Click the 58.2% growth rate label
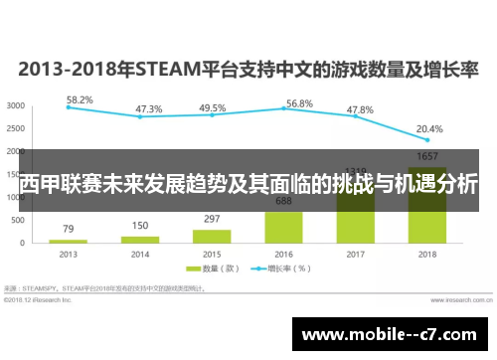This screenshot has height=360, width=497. [80, 100]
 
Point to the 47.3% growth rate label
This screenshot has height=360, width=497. [149, 109]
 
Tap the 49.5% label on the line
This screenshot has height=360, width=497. [212, 108]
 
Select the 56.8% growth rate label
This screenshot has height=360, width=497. [299, 103]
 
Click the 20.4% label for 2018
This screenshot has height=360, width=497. [429, 128]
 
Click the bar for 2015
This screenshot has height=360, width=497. [212, 236]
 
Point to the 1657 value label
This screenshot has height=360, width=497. [428, 157]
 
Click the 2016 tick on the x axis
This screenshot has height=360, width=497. [283, 255]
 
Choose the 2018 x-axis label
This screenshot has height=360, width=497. [428, 255]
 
